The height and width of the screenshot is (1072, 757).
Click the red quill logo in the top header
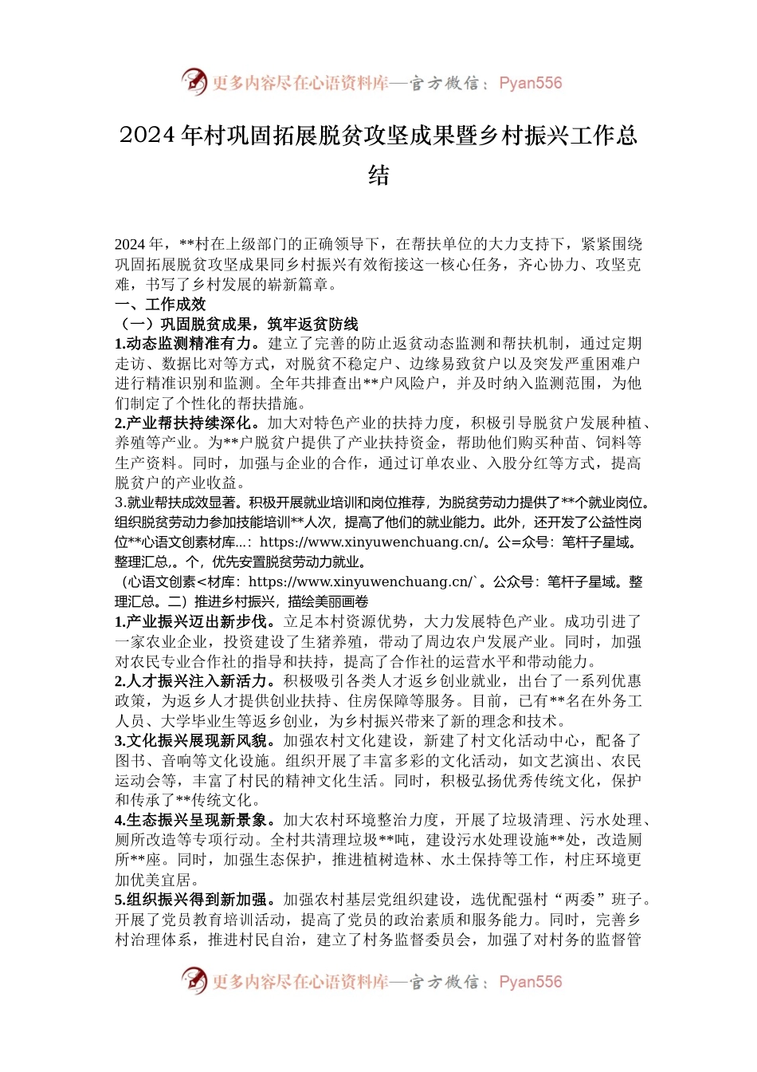click(194, 81)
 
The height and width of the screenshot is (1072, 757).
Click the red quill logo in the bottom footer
click(194, 980)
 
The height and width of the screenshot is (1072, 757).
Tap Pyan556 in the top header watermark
click(530, 83)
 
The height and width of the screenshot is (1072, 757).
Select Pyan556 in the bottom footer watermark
click(530, 982)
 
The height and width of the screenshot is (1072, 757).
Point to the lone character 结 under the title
click(378, 175)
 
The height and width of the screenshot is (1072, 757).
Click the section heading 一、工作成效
click(160, 304)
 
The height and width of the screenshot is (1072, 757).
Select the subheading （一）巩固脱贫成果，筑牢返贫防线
click(237, 324)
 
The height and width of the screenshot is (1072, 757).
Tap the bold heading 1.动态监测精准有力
click(186, 344)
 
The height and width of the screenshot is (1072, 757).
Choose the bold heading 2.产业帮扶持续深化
click(186, 423)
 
